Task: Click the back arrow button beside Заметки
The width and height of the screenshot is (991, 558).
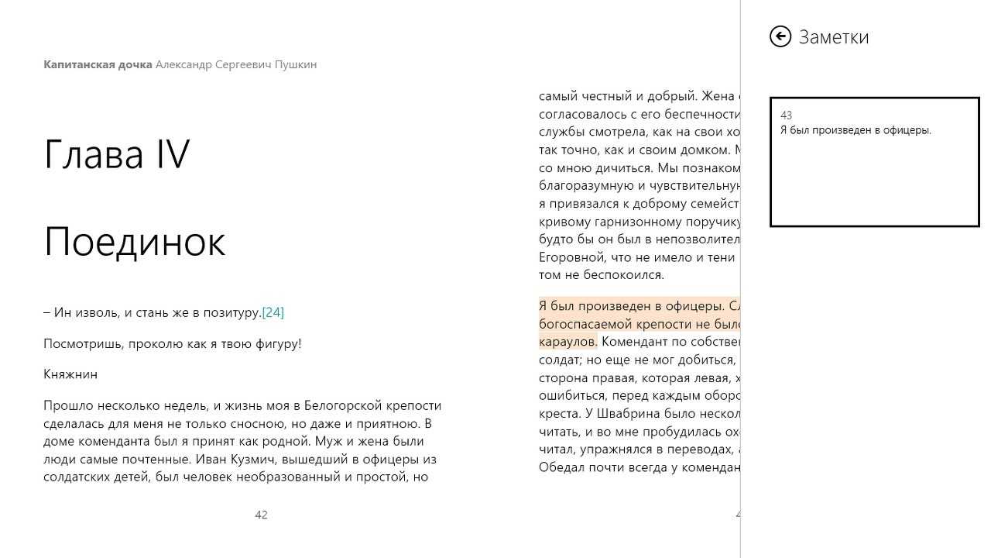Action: (x=780, y=36)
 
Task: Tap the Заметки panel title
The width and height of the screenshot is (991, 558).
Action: (x=834, y=37)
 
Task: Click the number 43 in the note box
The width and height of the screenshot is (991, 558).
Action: (x=786, y=115)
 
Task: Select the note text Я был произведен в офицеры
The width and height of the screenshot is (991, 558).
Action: (x=856, y=130)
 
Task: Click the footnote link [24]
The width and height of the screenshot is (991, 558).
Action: (x=273, y=312)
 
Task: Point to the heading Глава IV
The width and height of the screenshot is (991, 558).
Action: (x=117, y=154)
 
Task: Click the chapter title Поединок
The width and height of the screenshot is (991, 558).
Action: (x=135, y=242)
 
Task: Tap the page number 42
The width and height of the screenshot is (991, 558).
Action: (x=261, y=515)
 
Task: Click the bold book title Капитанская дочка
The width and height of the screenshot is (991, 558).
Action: (x=98, y=64)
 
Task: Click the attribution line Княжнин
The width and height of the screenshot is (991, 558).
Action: (x=70, y=374)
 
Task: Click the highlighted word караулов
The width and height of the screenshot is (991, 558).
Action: (x=568, y=341)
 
